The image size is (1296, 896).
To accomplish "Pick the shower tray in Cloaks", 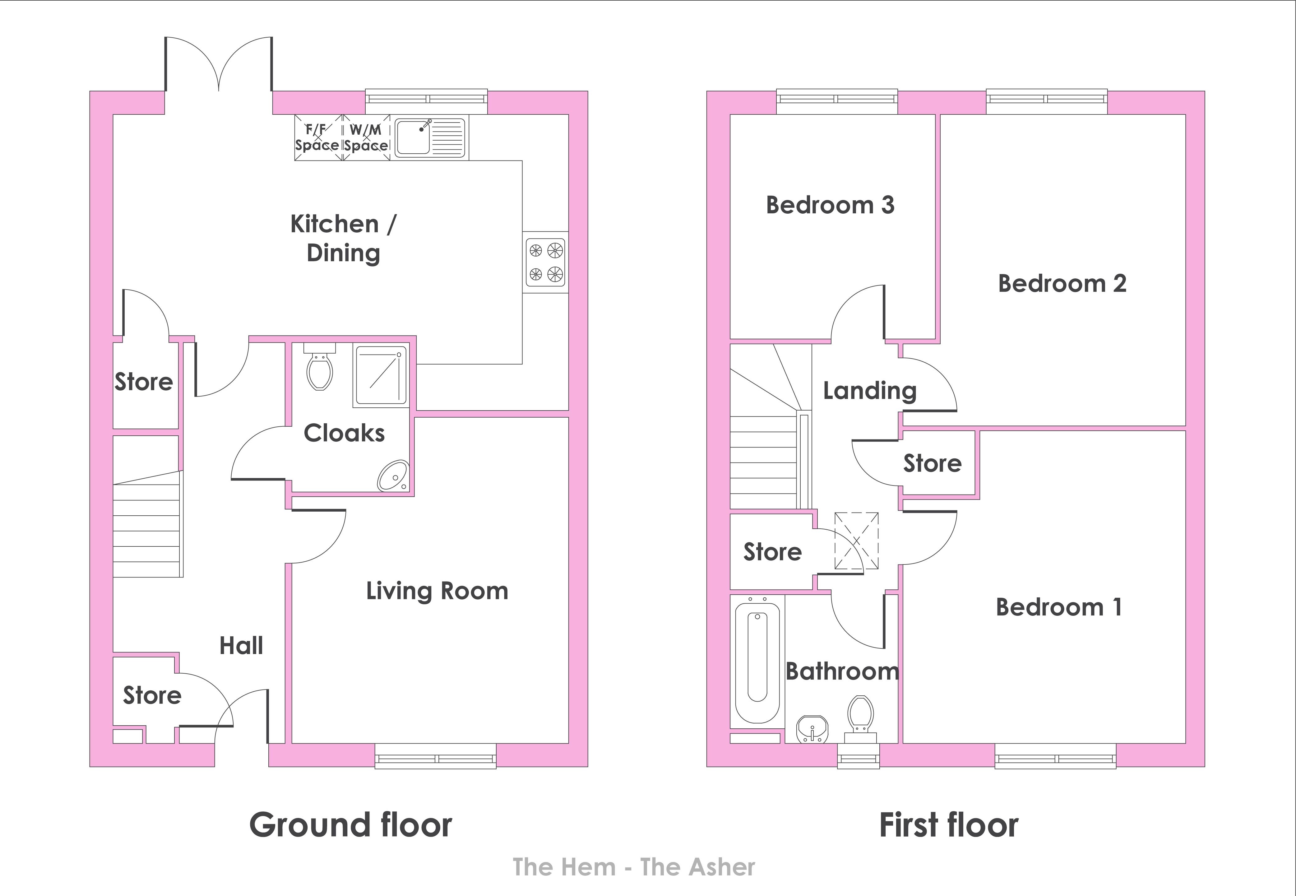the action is point(380,375).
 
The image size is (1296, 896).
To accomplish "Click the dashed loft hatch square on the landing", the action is point(857,541).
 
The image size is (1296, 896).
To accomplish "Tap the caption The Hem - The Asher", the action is point(634,867).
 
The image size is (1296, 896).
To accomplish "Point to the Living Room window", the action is point(436,756).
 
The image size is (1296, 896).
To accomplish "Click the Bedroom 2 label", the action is point(1062,284).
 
